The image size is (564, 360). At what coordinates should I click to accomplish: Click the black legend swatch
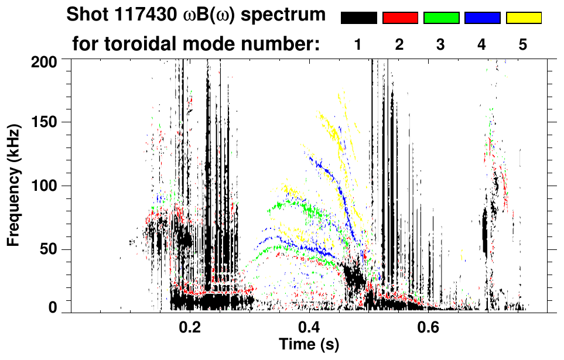point(358,18)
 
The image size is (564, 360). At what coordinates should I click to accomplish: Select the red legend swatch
point(400,18)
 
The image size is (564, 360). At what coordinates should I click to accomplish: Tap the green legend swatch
point(441,18)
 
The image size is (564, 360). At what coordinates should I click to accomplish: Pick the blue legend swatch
point(482,18)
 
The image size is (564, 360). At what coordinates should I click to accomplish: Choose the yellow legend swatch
point(524,18)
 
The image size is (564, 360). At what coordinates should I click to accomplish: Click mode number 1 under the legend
point(358,45)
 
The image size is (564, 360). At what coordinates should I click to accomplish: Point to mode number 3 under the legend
point(440,45)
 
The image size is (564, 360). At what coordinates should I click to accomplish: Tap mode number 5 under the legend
point(522,45)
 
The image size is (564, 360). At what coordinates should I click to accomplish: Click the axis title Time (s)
point(309,345)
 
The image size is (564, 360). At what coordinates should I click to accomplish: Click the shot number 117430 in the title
point(139,15)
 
